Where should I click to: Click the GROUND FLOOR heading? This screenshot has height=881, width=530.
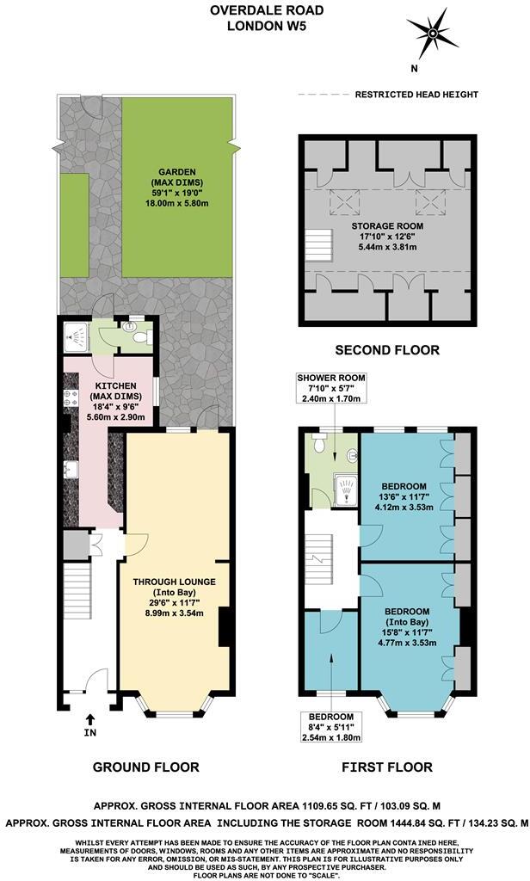(x=145, y=767)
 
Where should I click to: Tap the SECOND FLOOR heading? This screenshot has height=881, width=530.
(x=387, y=350)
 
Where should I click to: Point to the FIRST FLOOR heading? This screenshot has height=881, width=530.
(x=387, y=767)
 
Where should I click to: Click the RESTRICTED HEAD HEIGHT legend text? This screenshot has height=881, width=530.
(x=416, y=95)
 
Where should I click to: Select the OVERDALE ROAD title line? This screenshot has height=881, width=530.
(x=265, y=11)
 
